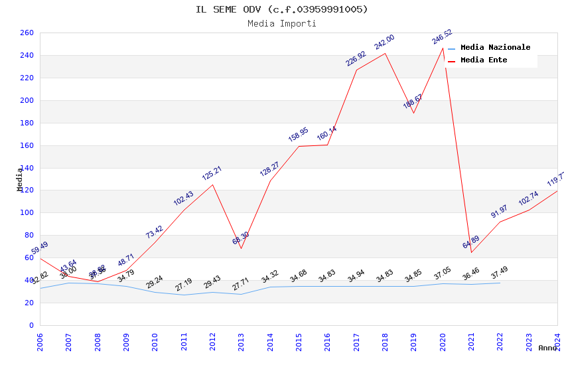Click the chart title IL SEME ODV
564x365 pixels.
pos(281,9)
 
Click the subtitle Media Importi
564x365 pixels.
pos(281,24)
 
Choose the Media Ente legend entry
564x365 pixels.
pos(484,60)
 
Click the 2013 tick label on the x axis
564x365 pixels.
pos(242,342)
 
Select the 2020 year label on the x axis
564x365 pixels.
pos(443,342)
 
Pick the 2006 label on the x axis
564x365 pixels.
pos(40,342)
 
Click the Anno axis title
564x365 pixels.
pos(548,348)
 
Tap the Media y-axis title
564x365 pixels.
pos(20,179)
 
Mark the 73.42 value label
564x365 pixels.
pos(154,232)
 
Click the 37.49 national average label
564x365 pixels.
pos(499,274)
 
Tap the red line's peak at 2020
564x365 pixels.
pos(443,48)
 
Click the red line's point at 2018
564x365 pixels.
pos(385,53)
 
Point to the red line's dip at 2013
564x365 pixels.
pos(242,248)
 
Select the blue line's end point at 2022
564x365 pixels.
pos(500,283)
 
